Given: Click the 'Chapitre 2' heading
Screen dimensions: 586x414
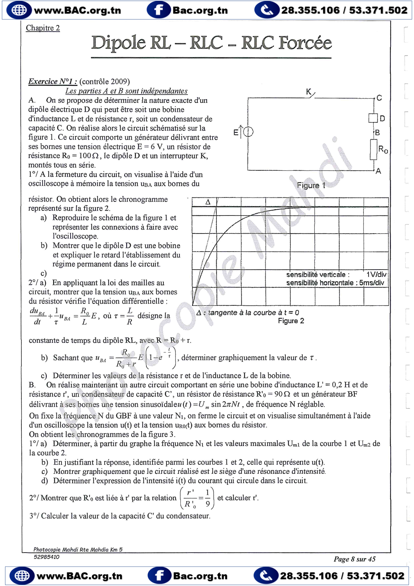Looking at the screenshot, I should (43, 28).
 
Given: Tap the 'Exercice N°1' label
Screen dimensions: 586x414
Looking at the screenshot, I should (52, 82).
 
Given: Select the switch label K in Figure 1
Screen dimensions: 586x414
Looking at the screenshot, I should (309, 92).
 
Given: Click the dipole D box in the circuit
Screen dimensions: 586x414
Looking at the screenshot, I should (373, 118).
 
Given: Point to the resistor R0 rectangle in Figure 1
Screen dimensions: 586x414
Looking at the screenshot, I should (374, 149).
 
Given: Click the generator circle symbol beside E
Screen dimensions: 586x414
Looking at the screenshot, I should (248, 132).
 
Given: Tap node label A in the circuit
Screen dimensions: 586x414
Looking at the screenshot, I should (378, 171).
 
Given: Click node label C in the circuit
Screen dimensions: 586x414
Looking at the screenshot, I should (379, 98).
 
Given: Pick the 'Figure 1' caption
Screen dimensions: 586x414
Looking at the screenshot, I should (311, 185).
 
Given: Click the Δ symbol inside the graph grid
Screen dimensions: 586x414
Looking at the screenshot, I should (208, 202).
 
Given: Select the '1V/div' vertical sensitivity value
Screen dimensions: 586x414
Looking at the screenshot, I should (376, 275).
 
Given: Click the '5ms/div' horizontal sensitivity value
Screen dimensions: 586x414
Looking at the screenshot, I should (372, 283).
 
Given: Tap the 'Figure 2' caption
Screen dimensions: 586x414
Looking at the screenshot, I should (291, 321).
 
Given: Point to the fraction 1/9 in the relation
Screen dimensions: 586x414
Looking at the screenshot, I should (208, 498).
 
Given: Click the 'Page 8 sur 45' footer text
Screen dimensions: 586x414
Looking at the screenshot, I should (354, 559).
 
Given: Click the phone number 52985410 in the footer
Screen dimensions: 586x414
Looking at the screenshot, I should (46, 557).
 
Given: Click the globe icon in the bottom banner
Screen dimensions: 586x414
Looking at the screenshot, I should (22, 576).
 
